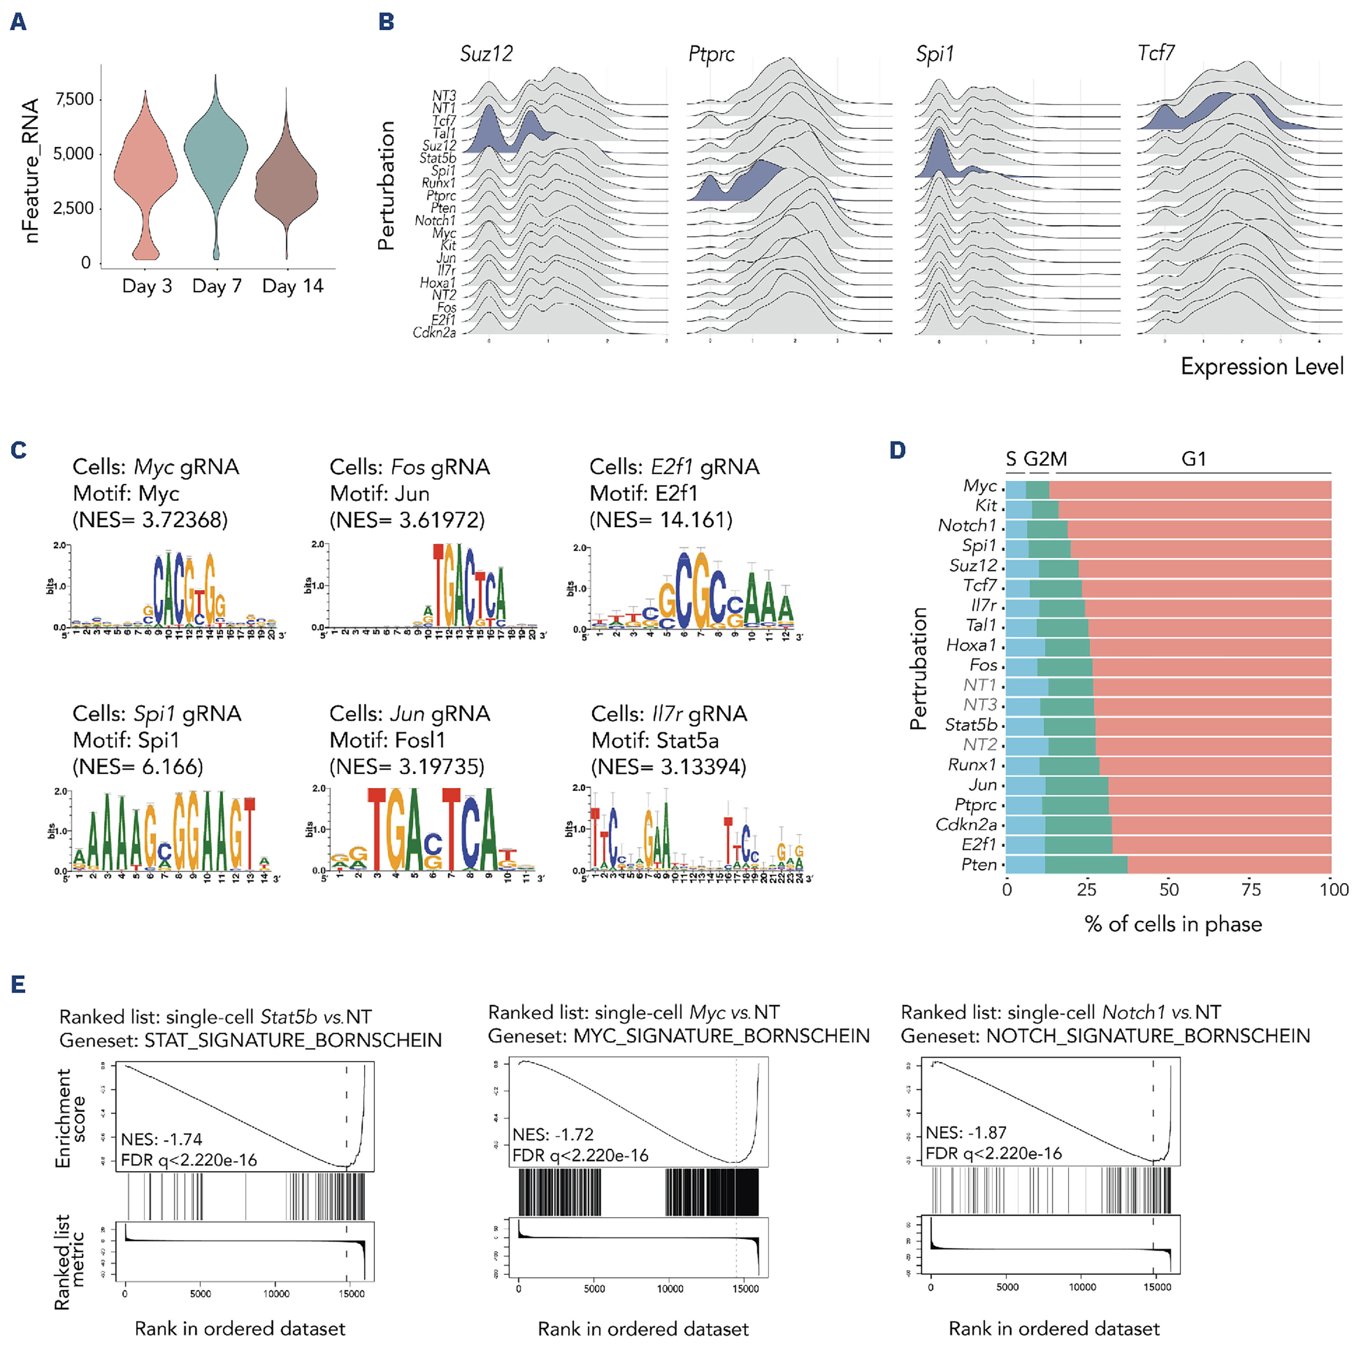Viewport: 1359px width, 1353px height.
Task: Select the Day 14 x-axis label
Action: (292, 286)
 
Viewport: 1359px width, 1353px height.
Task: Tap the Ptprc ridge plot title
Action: (711, 54)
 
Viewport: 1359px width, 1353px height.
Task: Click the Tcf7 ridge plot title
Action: (1156, 53)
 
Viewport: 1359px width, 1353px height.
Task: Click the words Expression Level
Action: (1262, 367)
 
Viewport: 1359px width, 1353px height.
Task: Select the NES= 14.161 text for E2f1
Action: (660, 520)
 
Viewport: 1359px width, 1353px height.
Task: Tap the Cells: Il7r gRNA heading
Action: (669, 713)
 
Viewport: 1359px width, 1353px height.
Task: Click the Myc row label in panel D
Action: (980, 486)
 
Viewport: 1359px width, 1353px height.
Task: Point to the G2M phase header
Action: (1045, 459)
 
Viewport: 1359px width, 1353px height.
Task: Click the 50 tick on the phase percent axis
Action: (1168, 889)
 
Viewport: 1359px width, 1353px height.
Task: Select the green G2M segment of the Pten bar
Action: (1086, 864)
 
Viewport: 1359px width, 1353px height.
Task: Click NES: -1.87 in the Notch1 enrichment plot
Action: (966, 1132)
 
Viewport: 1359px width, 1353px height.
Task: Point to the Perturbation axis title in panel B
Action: (385, 186)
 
